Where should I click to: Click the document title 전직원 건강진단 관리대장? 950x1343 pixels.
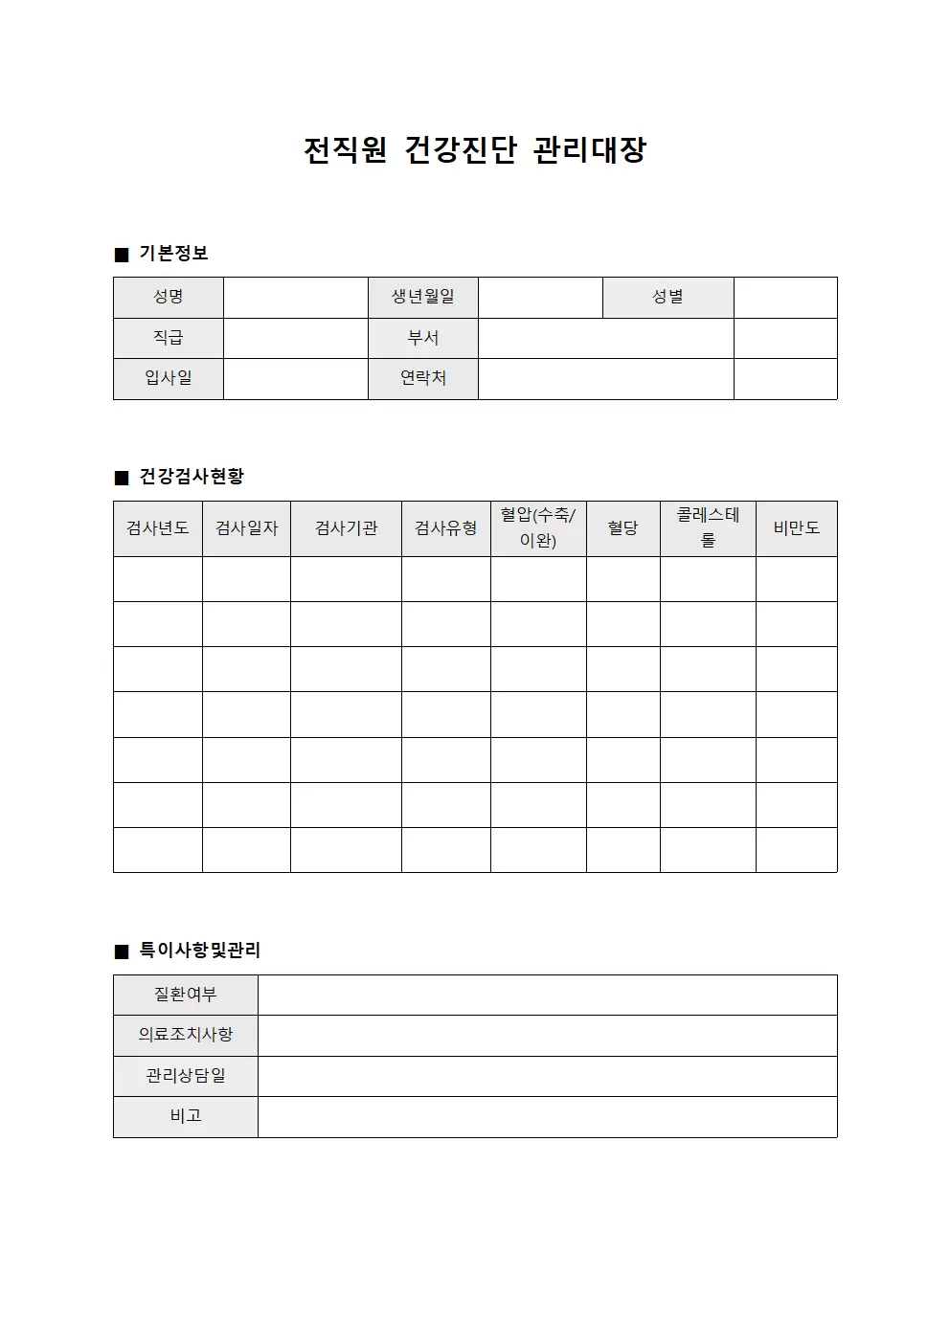click(x=475, y=150)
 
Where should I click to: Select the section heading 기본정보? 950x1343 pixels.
click(x=173, y=254)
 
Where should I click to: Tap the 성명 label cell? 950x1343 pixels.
click(x=169, y=298)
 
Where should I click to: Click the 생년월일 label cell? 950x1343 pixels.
click(x=422, y=298)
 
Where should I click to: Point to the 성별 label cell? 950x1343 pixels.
click(x=667, y=298)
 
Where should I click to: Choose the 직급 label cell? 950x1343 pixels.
click(x=169, y=338)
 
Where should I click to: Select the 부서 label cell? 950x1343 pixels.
click(x=422, y=338)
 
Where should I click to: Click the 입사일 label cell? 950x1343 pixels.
click(x=169, y=378)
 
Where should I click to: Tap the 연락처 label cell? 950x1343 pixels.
click(x=422, y=378)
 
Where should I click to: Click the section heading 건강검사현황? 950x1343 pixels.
click(x=192, y=477)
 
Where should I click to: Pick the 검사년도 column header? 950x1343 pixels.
click(x=158, y=528)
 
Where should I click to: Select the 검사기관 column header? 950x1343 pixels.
click(x=346, y=528)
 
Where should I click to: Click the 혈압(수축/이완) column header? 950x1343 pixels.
click(x=538, y=528)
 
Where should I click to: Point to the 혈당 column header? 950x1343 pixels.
click(x=622, y=528)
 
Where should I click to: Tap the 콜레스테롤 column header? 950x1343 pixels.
click(x=708, y=528)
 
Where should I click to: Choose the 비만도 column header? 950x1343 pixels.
click(x=796, y=528)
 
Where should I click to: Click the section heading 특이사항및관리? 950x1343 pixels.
click(x=200, y=951)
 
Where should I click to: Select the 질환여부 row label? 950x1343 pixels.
click(x=186, y=996)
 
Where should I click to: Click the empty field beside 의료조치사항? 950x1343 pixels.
click(x=547, y=1036)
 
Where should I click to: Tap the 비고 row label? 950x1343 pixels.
click(x=186, y=1116)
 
